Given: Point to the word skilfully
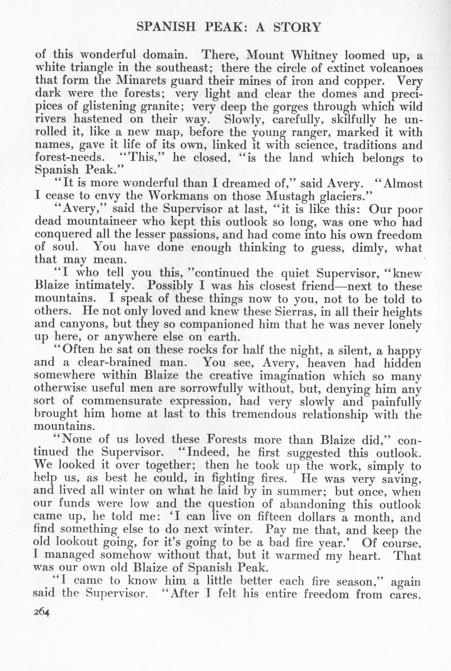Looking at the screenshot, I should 359,119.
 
